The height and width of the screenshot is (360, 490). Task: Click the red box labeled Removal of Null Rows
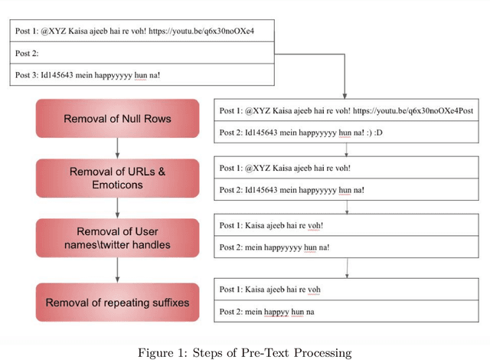point(117,119)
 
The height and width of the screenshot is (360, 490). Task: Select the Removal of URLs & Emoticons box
point(117,178)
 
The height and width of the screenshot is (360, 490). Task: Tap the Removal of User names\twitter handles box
point(117,237)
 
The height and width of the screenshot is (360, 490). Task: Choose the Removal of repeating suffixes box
point(117,302)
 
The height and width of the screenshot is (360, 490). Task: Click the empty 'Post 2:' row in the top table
point(142,54)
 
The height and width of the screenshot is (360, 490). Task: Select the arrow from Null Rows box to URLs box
point(117,148)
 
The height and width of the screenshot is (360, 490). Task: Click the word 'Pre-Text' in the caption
point(263,352)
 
